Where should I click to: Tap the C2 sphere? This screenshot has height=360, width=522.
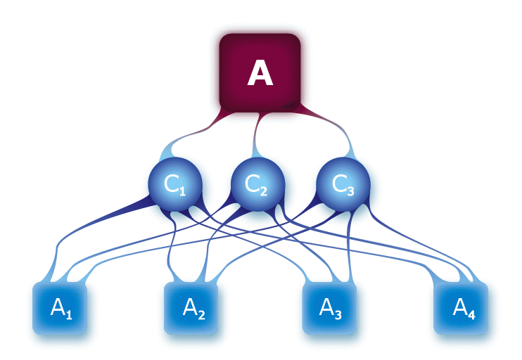(257, 184)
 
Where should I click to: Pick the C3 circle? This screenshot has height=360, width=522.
(343, 184)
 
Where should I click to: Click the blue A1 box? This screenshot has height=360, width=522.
(60, 308)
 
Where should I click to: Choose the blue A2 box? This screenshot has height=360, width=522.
(191, 308)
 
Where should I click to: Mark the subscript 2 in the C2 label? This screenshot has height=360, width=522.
(265, 190)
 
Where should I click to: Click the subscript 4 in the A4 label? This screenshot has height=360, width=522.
(471, 314)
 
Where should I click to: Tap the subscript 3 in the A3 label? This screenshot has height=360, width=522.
(338, 314)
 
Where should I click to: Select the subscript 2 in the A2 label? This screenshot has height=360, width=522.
(201, 314)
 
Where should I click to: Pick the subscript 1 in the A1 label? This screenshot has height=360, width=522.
(69, 314)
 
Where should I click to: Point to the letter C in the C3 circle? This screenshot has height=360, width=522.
(338, 184)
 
